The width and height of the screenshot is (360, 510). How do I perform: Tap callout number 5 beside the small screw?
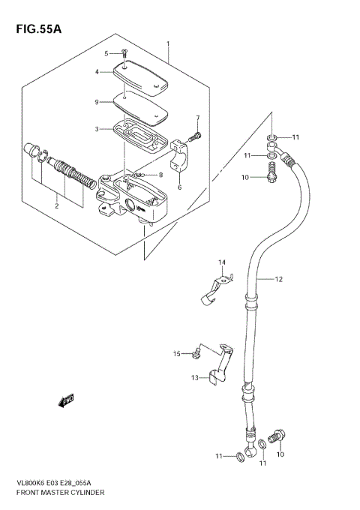(106, 52)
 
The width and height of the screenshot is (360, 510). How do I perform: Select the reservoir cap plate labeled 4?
(142, 78)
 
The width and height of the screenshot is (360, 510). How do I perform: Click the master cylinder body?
(139, 196)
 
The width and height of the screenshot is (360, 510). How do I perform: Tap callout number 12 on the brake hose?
(277, 280)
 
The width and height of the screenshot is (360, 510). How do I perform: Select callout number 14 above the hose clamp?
(221, 262)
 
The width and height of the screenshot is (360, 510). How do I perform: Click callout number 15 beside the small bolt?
(177, 353)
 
